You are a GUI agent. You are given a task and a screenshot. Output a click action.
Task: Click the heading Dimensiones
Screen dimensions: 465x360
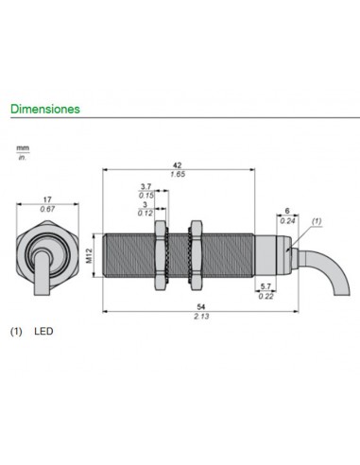click(x=45, y=109)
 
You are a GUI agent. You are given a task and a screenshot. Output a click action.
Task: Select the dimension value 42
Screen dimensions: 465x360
click(x=179, y=163)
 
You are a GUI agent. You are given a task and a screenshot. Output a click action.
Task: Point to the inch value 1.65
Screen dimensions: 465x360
click(x=179, y=173)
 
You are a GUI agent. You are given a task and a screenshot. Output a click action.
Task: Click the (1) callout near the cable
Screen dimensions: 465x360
click(x=317, y=219)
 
